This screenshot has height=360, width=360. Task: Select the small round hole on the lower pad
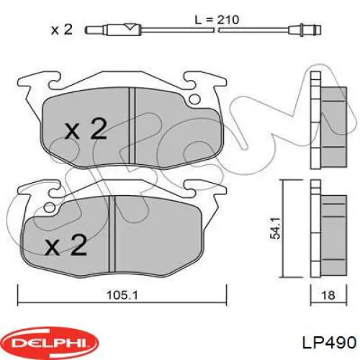[48, 209]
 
